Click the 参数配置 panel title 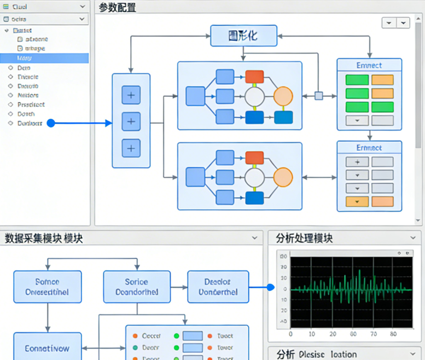(118, 7)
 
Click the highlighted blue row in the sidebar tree (44, 58)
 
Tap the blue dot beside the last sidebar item (51, 123)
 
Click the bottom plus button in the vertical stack (131, 148)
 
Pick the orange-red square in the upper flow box (254, 77)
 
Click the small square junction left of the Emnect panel (319, 96)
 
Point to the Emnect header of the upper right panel (369, 65)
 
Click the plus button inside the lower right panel (357, 162)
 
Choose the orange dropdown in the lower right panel (357, 201)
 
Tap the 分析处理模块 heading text (304, 239)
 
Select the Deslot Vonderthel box (218, 287)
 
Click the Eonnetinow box (47, 348)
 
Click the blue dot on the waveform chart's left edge (270, 287)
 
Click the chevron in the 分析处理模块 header (413, 239)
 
